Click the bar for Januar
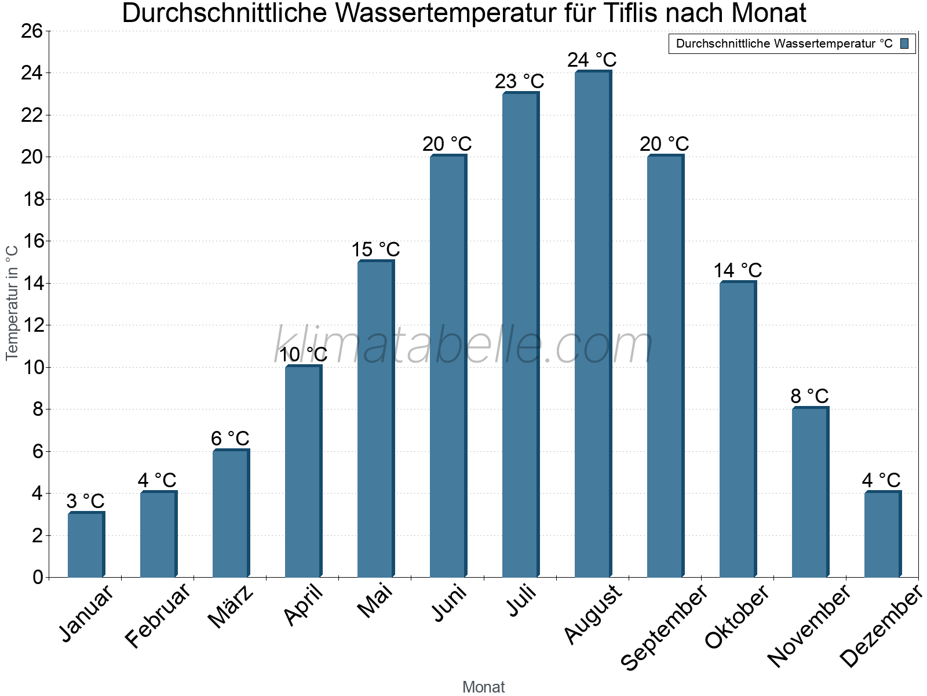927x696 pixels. (85, 545)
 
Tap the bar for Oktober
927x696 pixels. (737, 429)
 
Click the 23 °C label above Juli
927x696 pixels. (520, 82)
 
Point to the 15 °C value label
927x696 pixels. (375, 250)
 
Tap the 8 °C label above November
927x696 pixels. (809, 397)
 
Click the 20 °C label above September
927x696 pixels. (665, 144)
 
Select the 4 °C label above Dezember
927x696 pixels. (881, 481)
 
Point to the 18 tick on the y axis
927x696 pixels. (34, 200)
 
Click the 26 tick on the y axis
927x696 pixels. (34, 31)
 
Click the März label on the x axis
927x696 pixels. (231, 607)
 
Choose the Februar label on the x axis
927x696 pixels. (158, 615)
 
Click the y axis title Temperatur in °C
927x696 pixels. (12, 303)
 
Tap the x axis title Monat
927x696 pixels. (483, 687)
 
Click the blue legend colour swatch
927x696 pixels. (904, 43)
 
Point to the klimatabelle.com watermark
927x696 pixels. (463, 345)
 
